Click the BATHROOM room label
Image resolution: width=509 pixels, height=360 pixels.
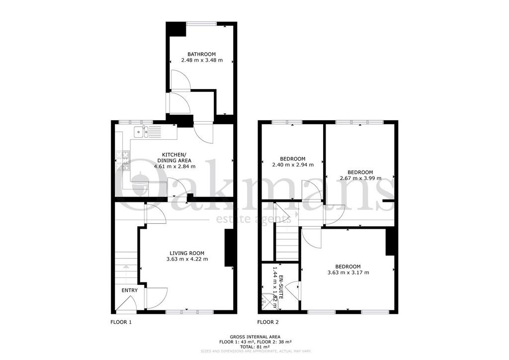pyautogui.click(x=201, y=54)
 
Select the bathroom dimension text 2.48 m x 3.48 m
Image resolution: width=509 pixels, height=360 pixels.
pyautogui.click(x=202, y=60)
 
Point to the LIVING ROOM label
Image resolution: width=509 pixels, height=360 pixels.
pyautogui.click(x=187, y=253)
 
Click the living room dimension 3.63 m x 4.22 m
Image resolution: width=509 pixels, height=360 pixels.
pyautogui.click(x=187, y=259)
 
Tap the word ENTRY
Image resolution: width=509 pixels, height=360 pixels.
pyautogui.click(x=130, y=290)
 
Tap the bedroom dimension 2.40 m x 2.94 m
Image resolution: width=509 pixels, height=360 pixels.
pyautogui.click(x=293, y=165)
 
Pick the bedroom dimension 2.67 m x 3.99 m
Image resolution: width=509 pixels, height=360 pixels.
pyautogui.click(x=360, y=178)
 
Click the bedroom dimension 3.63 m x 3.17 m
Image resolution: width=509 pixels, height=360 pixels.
pyautogui.click(x=348, y=272)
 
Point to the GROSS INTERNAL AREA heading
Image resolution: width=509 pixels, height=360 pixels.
pyautogui.click(x=255, y=337)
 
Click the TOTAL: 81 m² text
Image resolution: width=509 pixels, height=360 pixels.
pyautogui.click(x=255, y=347)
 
